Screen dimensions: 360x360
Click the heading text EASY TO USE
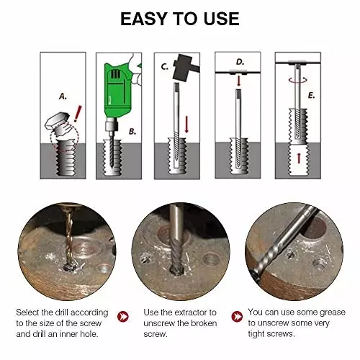[179, 19]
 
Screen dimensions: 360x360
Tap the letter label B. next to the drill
[132, 131]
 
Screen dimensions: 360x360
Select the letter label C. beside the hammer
[165, 67]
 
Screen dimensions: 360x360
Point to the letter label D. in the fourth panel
[240, 63]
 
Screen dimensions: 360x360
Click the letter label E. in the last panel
[310, 94]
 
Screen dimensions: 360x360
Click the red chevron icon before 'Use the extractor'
[124, 317]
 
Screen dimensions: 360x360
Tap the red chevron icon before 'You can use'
[236, 317]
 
